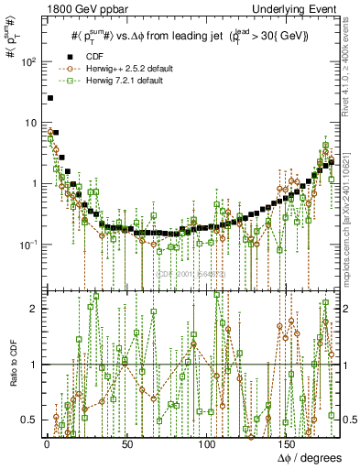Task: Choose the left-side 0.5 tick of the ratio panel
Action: click(28, 420)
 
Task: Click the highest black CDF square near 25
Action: click(50, 97)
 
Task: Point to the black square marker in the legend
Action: click(64, 54)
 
